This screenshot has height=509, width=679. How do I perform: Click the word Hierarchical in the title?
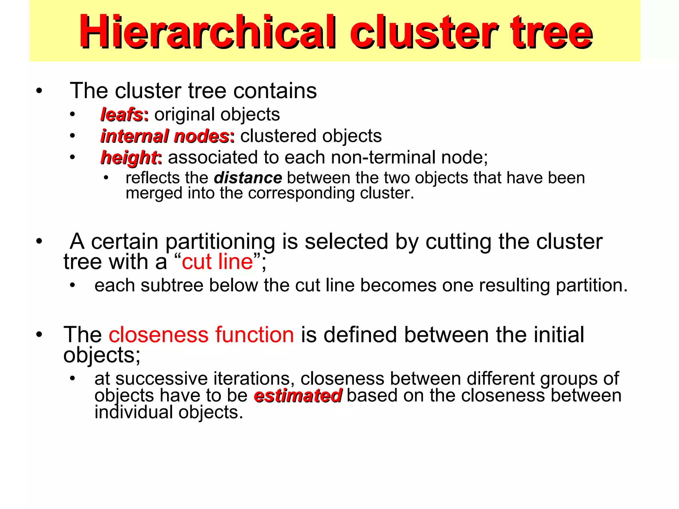(x=207, y=32)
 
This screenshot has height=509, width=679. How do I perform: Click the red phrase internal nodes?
(x=165, y=136)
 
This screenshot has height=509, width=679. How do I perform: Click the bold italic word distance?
(x=248, y=178)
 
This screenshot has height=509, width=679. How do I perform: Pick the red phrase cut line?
(x=217, y=262)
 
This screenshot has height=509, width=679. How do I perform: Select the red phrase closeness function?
(x=201, y=335)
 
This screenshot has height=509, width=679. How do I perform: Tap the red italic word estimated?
(x=298, y=396)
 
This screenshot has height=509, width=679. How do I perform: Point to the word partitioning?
(x=220, y=242)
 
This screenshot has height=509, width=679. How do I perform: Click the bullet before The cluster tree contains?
(x=39, y=91)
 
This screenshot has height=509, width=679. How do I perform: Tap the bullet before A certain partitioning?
(x=39, y=241)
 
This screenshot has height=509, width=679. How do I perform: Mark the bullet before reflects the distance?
(x=106, y=178)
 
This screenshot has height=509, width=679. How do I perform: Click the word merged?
(x=154, y=193)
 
